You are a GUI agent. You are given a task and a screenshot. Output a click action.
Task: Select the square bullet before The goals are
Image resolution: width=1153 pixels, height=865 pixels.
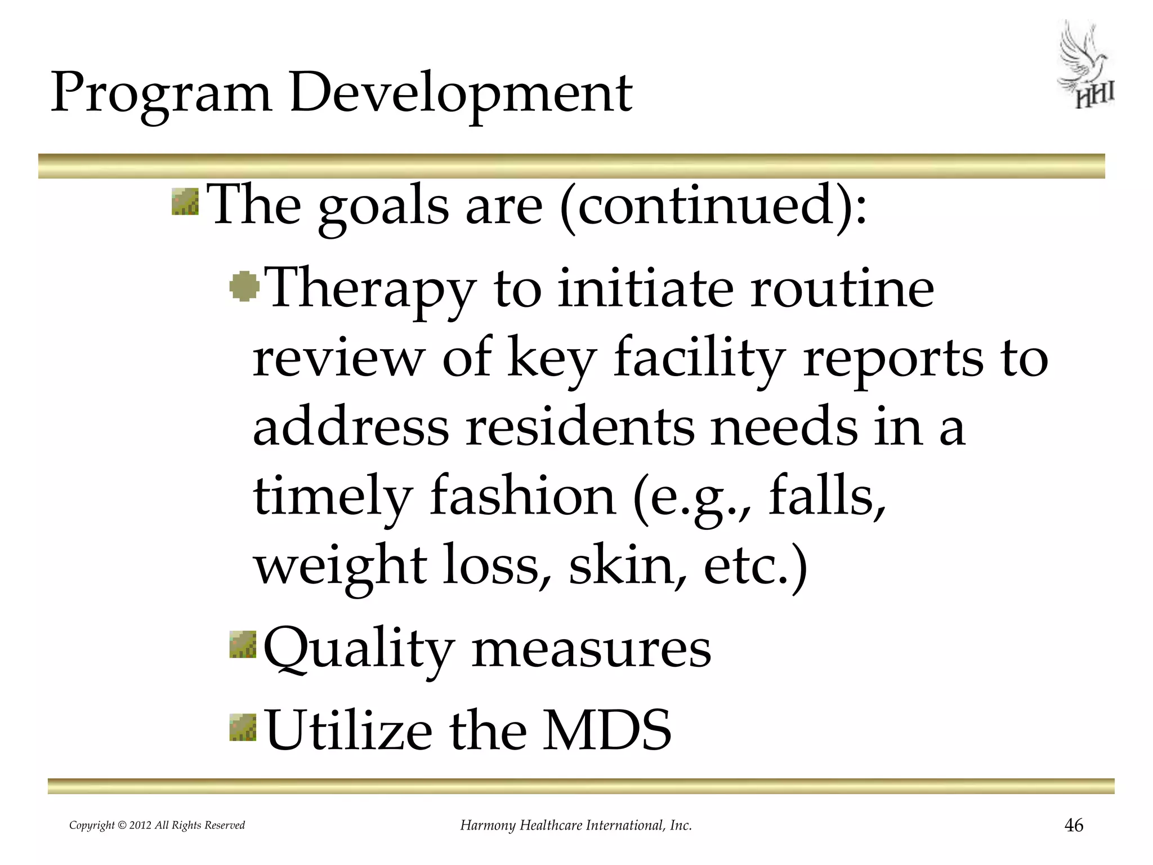coord(185,202)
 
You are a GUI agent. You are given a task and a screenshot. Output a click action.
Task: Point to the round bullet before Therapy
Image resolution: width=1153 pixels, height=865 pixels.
coord(244,286)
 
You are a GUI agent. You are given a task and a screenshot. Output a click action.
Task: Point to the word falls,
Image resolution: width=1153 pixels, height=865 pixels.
coord(827,496)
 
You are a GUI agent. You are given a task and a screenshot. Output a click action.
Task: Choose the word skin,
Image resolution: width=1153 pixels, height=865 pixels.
coord(628,565)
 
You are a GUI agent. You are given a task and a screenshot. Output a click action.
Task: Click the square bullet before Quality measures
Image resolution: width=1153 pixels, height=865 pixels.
coord(243,645)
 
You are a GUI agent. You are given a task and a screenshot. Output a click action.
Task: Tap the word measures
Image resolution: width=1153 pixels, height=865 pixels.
coord(591,649)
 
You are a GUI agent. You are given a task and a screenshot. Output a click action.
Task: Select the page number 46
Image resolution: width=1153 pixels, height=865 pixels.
coord(1074,825)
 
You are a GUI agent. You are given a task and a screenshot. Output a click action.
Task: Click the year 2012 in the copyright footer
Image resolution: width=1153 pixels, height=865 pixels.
coord(140,826)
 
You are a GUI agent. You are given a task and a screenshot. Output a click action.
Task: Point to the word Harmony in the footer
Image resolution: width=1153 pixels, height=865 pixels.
coord(488,826)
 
